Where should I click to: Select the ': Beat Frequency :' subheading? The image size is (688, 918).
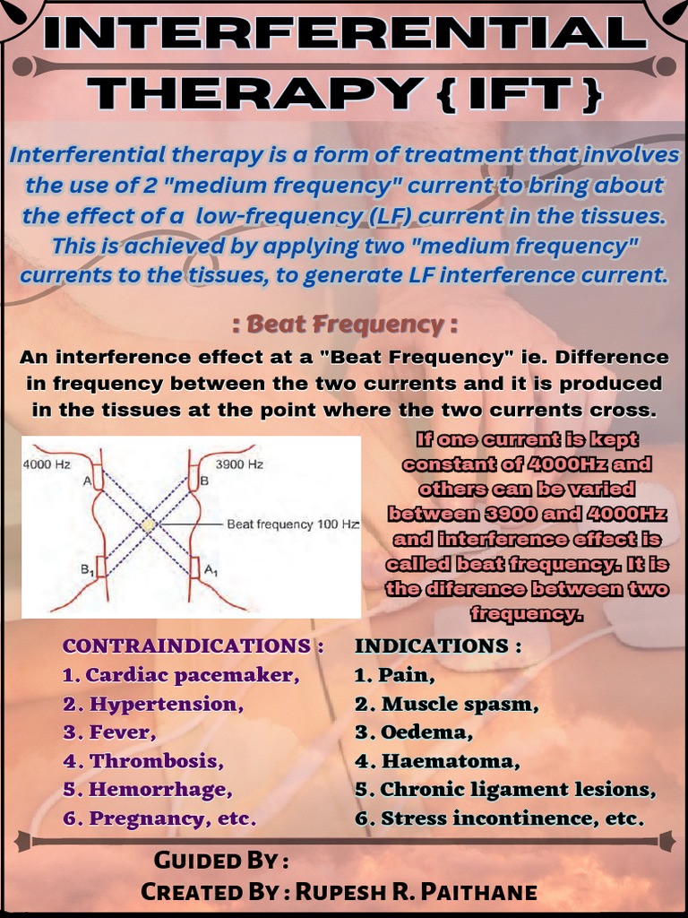345,324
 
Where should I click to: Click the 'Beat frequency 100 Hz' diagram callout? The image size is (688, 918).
293,524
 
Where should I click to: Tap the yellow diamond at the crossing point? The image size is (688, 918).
149,524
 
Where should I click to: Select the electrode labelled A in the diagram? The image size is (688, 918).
98,481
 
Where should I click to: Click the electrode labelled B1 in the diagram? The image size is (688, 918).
99,567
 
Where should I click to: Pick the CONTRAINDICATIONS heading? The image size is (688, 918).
193,646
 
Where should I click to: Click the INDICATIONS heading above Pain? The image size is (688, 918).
438,646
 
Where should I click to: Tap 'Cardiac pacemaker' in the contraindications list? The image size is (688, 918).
193,675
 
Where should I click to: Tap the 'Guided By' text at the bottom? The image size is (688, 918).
221,862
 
